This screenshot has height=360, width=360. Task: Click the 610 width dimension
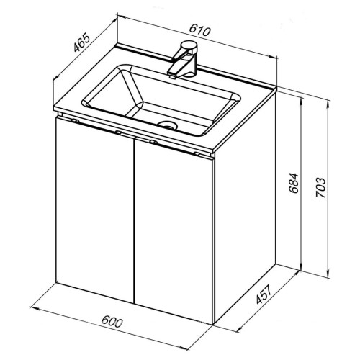199,30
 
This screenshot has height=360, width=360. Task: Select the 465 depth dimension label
82,43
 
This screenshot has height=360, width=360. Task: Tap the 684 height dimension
294,183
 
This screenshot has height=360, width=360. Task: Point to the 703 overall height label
320,187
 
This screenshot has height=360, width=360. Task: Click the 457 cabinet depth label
264,294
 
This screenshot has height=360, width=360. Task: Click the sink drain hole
167,125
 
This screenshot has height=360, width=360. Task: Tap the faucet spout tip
172,76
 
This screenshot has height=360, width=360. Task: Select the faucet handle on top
189,45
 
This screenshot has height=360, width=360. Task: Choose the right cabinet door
174,230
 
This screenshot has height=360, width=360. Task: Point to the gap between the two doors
134,220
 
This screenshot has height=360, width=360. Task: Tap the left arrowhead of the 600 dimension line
34,308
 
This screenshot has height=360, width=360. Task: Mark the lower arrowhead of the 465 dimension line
55,77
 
